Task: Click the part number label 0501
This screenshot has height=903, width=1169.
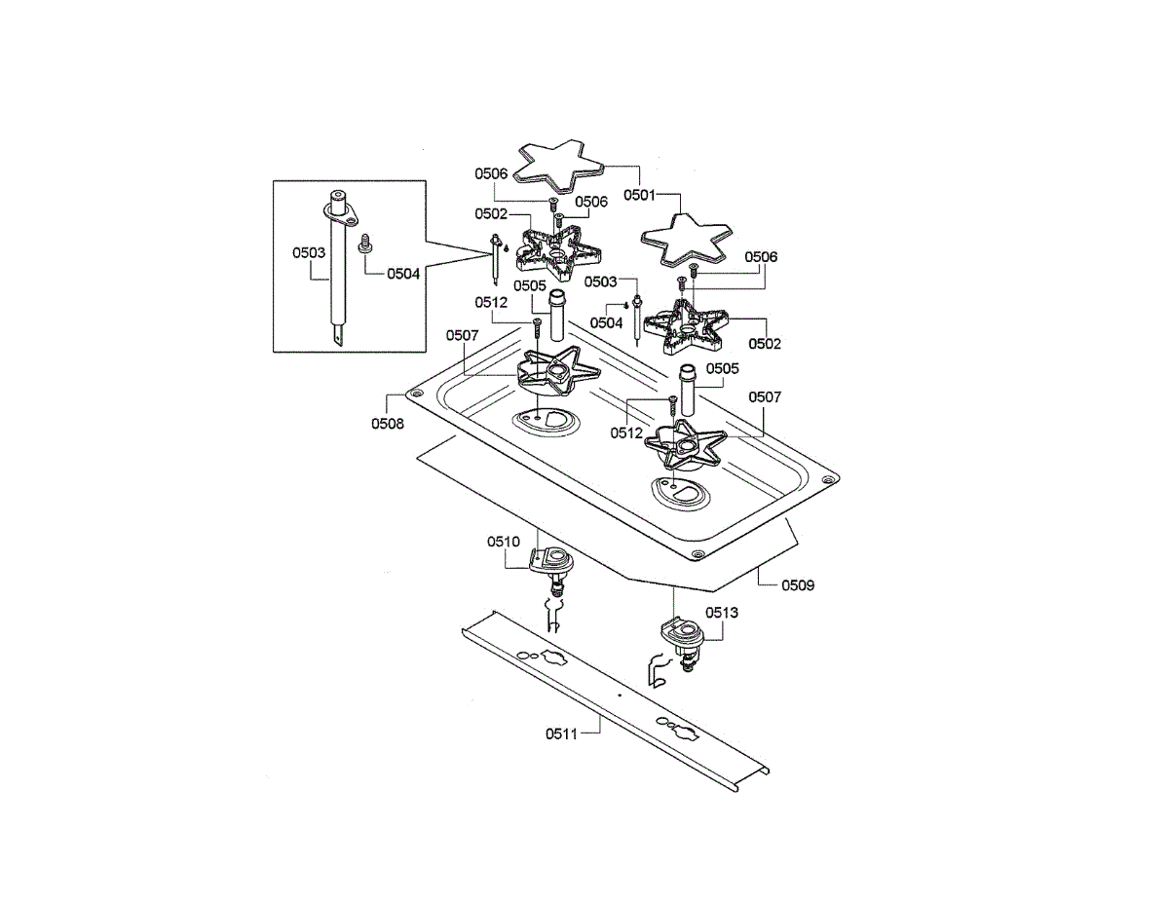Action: point(640,195)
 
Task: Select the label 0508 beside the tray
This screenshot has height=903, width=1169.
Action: point(387,424)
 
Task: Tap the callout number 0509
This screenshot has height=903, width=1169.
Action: point(798,585)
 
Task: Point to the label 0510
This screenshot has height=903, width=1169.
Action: point(504,541)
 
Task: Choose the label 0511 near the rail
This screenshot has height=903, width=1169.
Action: point(561,734)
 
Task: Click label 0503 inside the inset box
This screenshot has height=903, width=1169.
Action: point(309,252)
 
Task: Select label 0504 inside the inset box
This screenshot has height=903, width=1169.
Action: point(403,274)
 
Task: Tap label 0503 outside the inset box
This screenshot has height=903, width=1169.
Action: point(601,282)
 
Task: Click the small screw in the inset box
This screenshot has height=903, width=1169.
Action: point(366,244)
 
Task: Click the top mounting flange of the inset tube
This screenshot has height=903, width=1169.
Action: point(336,207)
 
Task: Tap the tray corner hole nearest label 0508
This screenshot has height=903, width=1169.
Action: point(418,394)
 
